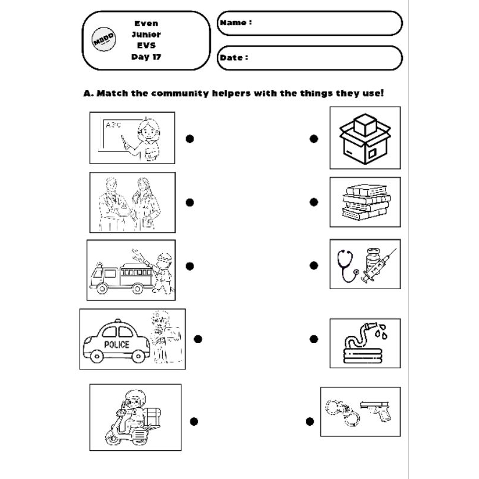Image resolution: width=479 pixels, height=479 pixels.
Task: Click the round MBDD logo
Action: (104, 39)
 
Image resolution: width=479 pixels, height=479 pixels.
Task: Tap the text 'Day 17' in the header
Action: (146, 57)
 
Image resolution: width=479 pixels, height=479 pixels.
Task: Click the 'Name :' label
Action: (236, 23)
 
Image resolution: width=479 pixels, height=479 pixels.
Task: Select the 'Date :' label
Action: (234, 57)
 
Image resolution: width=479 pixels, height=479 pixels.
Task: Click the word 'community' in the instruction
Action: (180, 93)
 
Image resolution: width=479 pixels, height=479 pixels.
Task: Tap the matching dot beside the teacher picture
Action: (190, 139)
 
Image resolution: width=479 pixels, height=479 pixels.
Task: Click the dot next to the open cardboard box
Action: (314, 139)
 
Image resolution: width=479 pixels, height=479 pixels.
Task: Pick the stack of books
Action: (366, 202)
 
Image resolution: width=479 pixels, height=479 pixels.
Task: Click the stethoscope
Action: (348, 265)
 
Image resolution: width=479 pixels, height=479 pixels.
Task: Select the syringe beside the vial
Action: (379, 265)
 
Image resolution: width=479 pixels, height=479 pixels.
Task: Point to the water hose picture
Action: (365, 342)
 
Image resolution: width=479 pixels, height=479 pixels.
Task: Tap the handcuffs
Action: (342, 413)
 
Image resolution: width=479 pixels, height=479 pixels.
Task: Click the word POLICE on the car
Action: (117, 345)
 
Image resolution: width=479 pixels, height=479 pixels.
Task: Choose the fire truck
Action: (122, 277)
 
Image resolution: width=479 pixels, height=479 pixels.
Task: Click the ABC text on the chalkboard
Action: (113, 125)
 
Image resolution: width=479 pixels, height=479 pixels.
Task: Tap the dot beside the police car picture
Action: (198, 339)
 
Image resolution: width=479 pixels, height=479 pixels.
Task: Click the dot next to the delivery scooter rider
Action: (194, 422)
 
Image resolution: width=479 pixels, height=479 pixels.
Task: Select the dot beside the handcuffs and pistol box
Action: (310, 422)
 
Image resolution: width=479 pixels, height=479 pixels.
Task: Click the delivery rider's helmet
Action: (135, 397)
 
